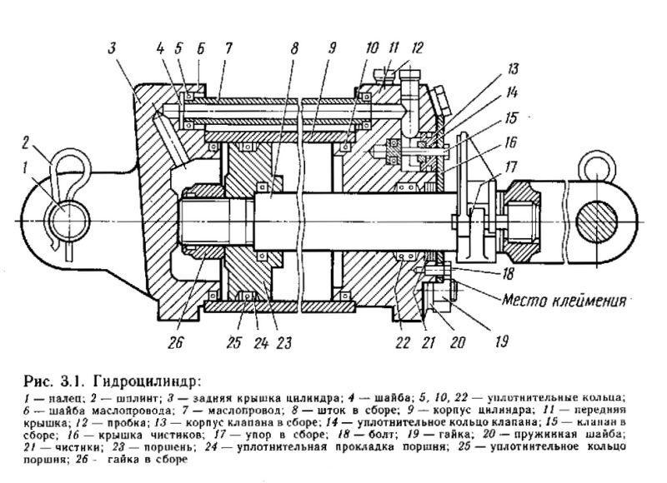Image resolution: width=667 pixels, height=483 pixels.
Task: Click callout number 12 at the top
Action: (417, 47)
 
